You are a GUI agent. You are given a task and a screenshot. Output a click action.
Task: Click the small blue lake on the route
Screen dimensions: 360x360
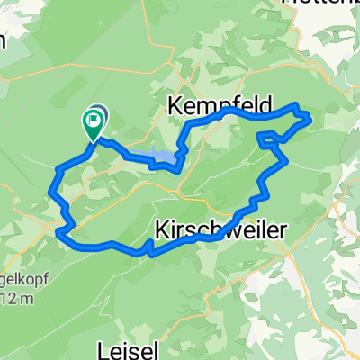(163, 158)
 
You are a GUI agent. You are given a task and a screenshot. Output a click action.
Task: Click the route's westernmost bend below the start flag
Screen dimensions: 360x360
(49, 187)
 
